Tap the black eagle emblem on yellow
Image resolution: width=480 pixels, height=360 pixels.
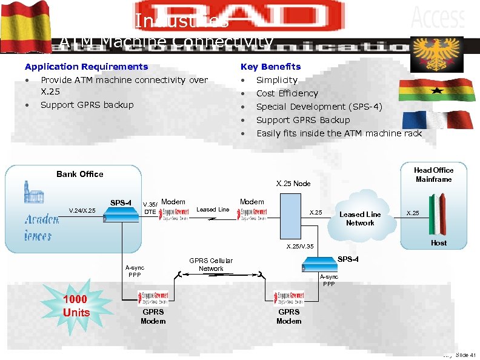[438, 55]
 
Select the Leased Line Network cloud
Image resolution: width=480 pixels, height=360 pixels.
[360, 218]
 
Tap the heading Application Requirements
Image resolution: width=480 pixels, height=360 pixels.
[86, 67]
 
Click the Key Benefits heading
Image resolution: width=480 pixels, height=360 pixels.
[270, 67]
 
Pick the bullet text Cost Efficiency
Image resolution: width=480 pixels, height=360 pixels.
[287, 93]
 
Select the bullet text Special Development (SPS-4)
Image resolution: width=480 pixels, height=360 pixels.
[319, 107]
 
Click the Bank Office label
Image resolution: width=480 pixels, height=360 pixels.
[80, 174]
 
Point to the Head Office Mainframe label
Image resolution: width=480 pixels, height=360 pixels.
[433, 175]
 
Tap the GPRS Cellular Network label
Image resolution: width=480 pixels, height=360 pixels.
[211, 264]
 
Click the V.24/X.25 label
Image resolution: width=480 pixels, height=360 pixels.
[82, 211]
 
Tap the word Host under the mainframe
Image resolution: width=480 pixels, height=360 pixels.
[438, 243]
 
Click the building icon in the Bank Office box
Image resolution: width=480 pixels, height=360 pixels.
[34, 195]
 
